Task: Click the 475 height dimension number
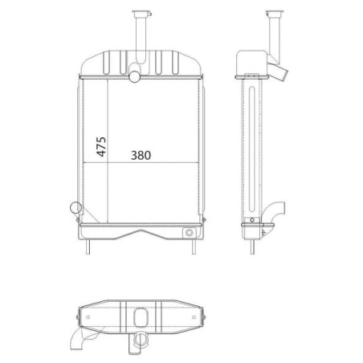click(x=101, y=147)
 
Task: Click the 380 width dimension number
click(x=141, y=155)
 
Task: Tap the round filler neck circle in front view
click(x=134, y=76)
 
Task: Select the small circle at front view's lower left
click(x=75, y=208)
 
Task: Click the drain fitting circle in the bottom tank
click(x=190, y=233)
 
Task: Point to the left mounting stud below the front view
click(x=88, y=247)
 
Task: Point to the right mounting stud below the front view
click(x=194, y=247)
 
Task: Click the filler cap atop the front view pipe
click(x=141, y=13)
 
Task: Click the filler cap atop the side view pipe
click(x=275, y=13)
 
